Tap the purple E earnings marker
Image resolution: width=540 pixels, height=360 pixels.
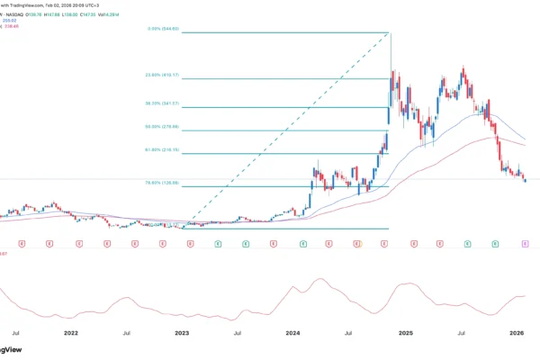coord(525,244)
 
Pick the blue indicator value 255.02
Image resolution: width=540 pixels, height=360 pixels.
coord(13,19)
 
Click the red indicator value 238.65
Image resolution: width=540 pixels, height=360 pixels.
coord(13,25)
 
